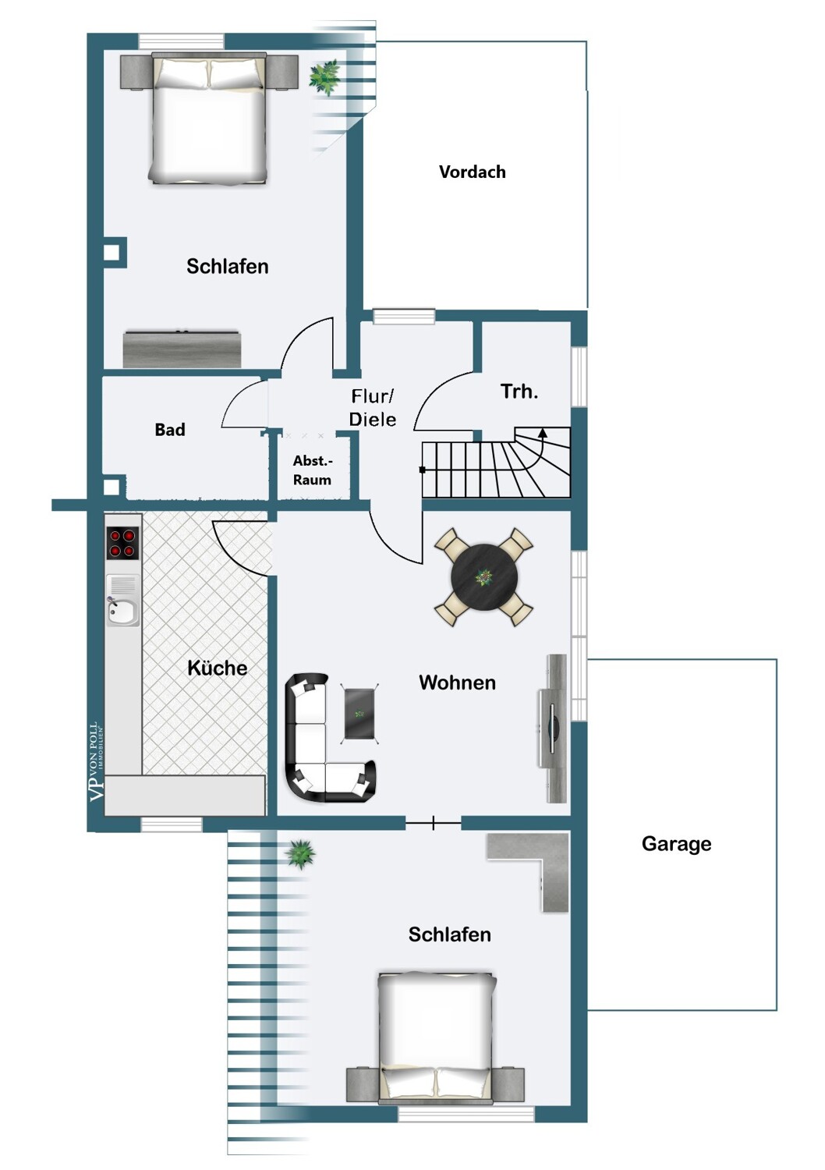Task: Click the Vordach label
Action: pos(472,172)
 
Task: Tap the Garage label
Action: pos(676,843)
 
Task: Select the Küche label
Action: pos(218,668)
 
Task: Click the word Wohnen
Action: pos(458,682)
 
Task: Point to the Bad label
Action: pos(170,429)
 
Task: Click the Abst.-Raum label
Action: pos(312,470)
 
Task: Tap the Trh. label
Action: pos(519,392)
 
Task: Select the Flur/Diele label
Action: pos(372,407)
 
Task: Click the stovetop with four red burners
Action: pos(122,542)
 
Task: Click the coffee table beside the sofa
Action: pos(359,714)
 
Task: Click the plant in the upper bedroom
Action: pos(324,77)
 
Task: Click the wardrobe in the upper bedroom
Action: pos(182,349)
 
